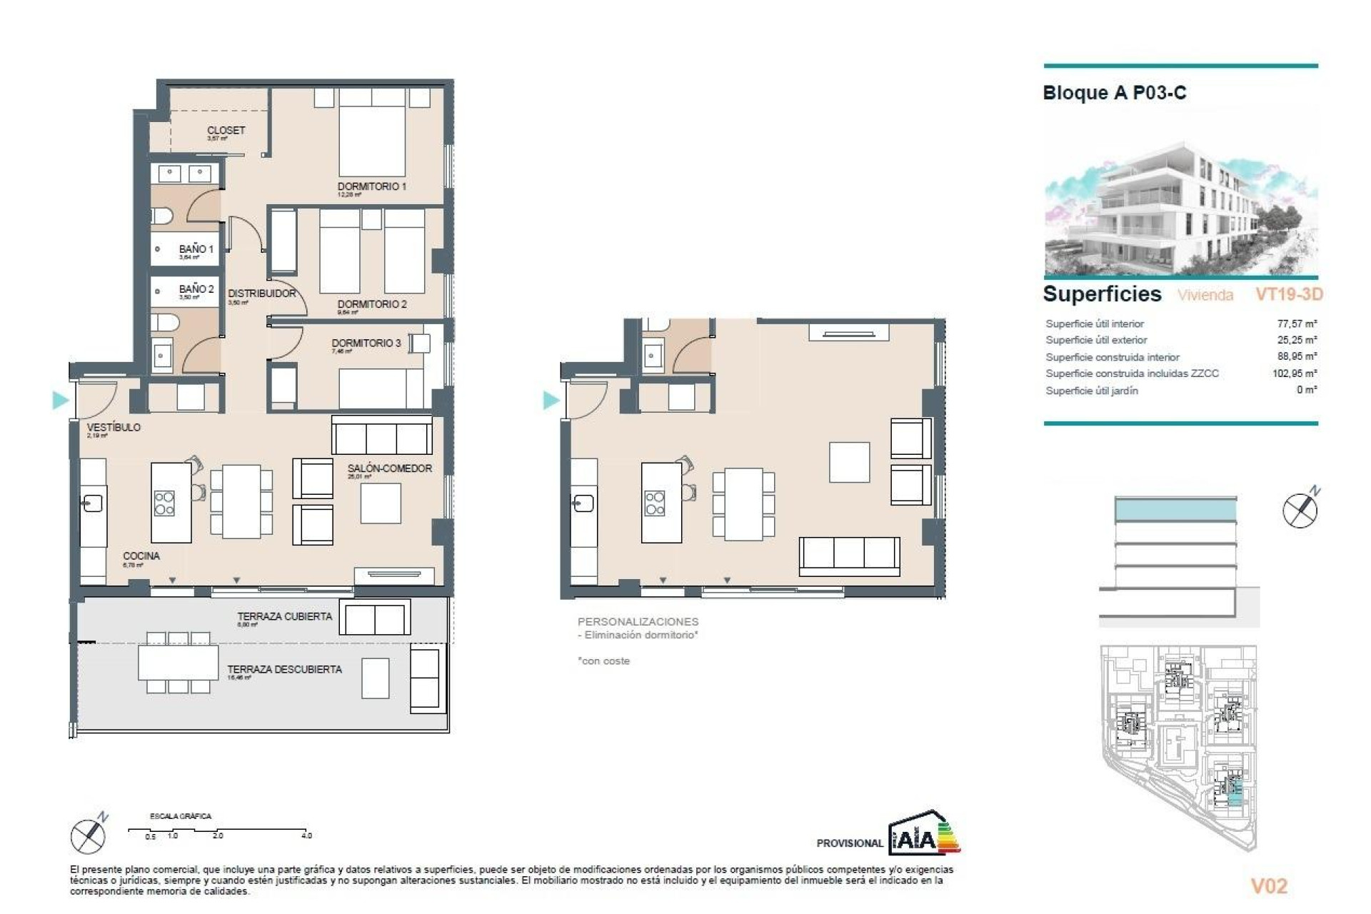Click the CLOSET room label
[226, 131]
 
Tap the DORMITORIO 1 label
[371, 186]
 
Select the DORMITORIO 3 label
[366, 343]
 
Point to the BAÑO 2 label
[196, 289]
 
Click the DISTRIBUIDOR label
[261, 293]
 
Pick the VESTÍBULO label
[114, 427]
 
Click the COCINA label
[141, 556]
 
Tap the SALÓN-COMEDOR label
[389, 468]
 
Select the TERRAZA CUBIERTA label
[284, 616]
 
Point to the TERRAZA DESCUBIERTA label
[284, 669]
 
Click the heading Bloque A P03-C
[1114, 93]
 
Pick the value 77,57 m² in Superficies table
[1297, 323]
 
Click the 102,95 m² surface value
[1294, 373]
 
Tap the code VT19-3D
[1289, 294]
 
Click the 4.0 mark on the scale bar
[306, 835]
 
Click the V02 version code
[1269, 886]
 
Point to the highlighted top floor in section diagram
[1175, 510]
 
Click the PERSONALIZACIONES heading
[638, 622]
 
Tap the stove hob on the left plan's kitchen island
[164, 503]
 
